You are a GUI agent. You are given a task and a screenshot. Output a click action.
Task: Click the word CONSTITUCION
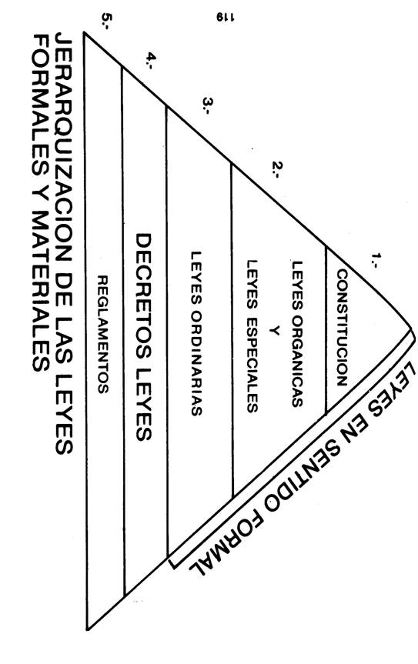(342, 328)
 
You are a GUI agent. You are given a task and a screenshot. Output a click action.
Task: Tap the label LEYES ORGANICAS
(297, 333)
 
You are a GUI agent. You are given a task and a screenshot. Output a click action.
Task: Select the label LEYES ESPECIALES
(252, 336)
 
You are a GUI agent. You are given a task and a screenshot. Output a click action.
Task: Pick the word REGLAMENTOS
(103, 335)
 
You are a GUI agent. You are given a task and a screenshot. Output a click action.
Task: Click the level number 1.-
(376, 260)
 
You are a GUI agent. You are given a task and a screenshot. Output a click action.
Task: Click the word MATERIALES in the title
(41, 292)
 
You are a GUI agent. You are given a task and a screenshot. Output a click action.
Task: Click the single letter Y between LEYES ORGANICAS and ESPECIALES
(275, 331)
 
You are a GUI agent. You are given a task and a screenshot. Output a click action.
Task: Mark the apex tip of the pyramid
(412, 329)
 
